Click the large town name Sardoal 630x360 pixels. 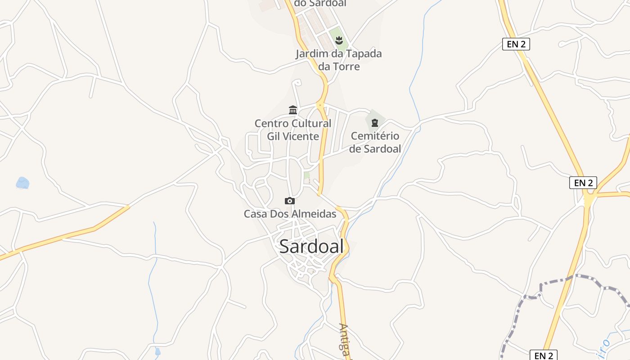[x=311, y=246]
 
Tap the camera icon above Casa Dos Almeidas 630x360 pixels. [x=290, y=201]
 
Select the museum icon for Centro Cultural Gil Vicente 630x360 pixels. [x=293, y=110]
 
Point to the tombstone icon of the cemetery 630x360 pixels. [x=375, y=122]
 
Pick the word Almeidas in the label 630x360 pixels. [x=314, y=214]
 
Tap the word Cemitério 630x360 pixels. [x=375, y=136]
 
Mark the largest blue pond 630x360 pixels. [x=22, y=183]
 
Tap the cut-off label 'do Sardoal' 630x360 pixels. [x=320, y=3]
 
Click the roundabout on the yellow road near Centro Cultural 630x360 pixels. [x=320, y=105]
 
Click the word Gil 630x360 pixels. [x=274, y=136]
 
